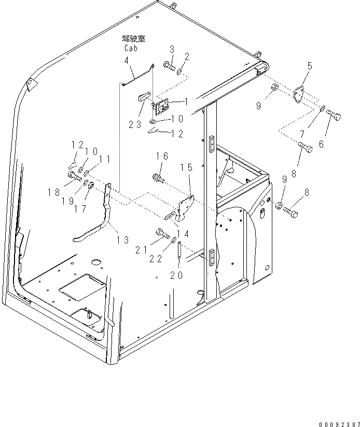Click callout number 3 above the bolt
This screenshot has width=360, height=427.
tap(172, 50)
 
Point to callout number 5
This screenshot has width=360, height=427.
tap(309, 67)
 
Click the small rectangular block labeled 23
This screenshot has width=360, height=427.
tap(144, 96)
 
